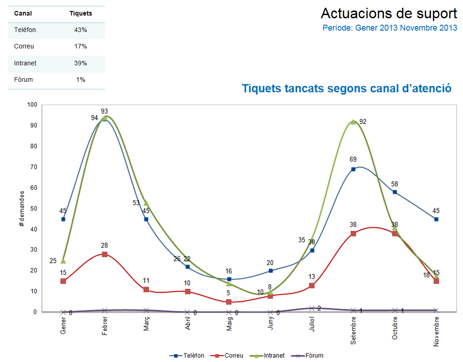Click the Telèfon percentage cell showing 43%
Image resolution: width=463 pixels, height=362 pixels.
(x=81, y=30)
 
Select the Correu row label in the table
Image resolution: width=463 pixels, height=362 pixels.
(x=24, y=47)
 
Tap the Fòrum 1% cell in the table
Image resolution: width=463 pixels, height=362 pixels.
(x=81, y=80)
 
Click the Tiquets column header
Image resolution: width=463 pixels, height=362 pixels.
(x=81, y=14)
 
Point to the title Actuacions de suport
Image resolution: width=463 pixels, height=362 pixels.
(x=389, y=13)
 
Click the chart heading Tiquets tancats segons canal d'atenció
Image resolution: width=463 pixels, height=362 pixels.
(x=347, y=88)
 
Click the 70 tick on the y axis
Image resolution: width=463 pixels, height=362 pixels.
(x=32, y=167)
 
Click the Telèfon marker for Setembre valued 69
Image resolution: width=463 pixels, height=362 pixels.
(x=353, y=169)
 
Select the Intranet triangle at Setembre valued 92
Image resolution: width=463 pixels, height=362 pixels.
(x=353, y=122)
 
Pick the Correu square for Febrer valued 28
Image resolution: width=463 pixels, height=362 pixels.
(x=105, y=254)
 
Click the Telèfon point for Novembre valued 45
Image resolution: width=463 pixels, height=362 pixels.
(x=437, y=219)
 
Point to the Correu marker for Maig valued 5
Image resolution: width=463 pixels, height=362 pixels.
(x=229, y=302)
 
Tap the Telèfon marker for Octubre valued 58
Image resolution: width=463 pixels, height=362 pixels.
(x=395, y=192)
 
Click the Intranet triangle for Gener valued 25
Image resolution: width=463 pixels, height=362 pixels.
(x=63, y=261)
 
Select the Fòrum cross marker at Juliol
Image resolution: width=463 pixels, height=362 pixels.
(x=312, y=309)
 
